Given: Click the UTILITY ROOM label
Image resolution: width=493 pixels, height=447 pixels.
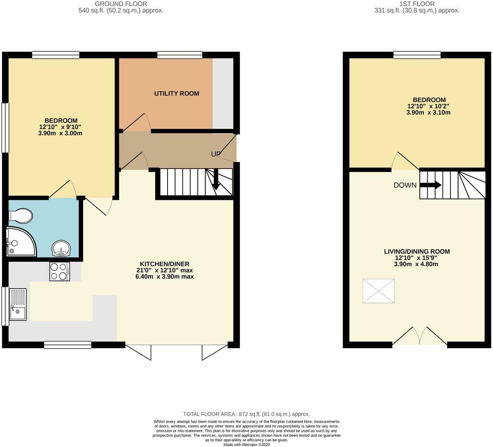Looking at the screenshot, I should [177, 94].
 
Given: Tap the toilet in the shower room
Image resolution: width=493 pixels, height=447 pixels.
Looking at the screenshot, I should [21, 216].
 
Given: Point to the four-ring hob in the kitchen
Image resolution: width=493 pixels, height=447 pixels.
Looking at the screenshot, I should [60, 272].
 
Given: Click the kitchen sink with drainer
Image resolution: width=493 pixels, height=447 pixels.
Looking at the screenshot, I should [17, 305].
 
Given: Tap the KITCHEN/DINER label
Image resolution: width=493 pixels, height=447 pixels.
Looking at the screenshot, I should [165, 264].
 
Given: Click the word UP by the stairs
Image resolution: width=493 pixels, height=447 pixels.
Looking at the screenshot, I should [215, 154].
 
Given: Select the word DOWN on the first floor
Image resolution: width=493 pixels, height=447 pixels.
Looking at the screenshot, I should [405, 185].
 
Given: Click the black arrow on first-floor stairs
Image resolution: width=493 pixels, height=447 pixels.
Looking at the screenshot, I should [430, 185].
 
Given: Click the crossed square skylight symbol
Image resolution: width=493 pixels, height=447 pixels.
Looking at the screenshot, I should [378, 291].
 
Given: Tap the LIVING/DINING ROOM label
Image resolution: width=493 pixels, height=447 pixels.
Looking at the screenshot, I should [416, 252].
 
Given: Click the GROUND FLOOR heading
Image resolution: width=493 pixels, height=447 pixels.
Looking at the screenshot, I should [121, 4].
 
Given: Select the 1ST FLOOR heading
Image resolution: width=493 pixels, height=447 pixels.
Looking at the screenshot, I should [416, 4].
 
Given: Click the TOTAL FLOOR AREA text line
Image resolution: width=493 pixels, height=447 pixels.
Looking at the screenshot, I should [247, 414].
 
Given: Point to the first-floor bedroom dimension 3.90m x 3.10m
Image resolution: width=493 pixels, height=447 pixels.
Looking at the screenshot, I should [429, 113].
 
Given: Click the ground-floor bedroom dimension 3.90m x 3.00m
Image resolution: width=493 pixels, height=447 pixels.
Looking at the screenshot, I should [61, 133].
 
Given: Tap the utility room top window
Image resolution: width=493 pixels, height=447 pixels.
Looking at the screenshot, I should [179, 54].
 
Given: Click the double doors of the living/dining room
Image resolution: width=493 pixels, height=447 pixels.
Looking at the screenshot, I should [420, 336].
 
